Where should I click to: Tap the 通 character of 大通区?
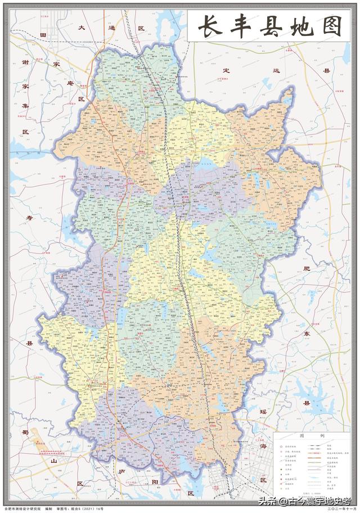pyautogui.click(x=111, y=27)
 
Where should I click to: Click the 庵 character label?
pyautogui.click(x=80, y=82)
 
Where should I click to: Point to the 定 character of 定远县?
pyautogui.click(x=227, y=71)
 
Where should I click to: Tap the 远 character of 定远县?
pyautogui.click(x=277, y=71)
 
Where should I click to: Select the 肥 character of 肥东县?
pyautogui.click(x=307, y=269)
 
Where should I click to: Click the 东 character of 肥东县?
pyautogui.click(x=307, y=333)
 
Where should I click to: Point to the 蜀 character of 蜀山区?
pyautogui.click(x=25, y=432)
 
